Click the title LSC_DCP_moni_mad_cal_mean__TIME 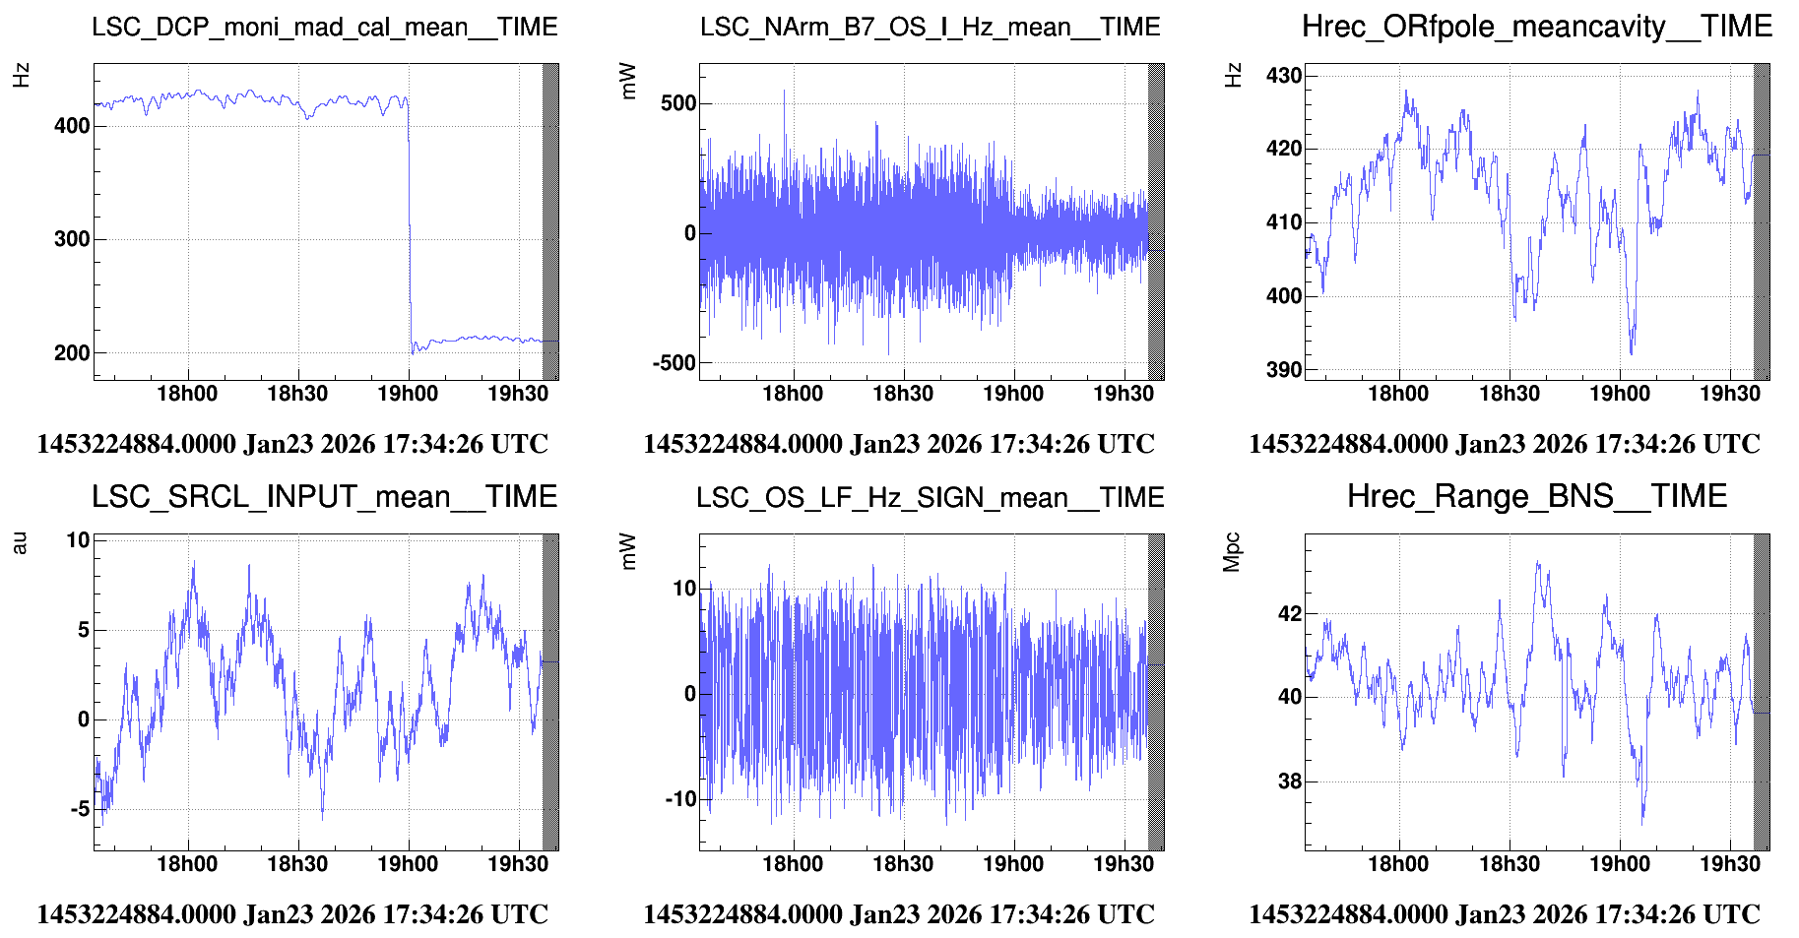click(x=324, y=27)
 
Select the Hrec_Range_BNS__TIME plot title click(x=1536, y=496)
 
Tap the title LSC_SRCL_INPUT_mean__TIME click(x=324, y=497)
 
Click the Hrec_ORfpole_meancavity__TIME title click(x=1536, y=27)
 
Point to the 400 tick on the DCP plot click(x=72, y=126)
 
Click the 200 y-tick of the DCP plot click(x=72, y=352)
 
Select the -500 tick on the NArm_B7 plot click(x=674, y=363)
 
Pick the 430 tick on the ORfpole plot click(x=1283, y=76)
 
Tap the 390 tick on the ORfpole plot click(x=1283, y=370)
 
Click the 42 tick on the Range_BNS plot click(x=1289, y=614)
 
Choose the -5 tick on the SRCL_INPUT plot click(x=79, y=810)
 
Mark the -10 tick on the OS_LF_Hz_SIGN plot click(x=679, y=799)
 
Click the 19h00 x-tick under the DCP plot click(x=408, y=394)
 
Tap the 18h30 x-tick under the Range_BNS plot click(x=1509, y=864)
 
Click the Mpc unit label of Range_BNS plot click(x=1231, y=552)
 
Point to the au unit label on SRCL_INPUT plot click(x=20, y=542)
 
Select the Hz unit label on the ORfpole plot click(x=1233, y=75)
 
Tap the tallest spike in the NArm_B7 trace click(x=784, y=94)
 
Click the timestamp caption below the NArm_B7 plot click(x=898, y=444)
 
